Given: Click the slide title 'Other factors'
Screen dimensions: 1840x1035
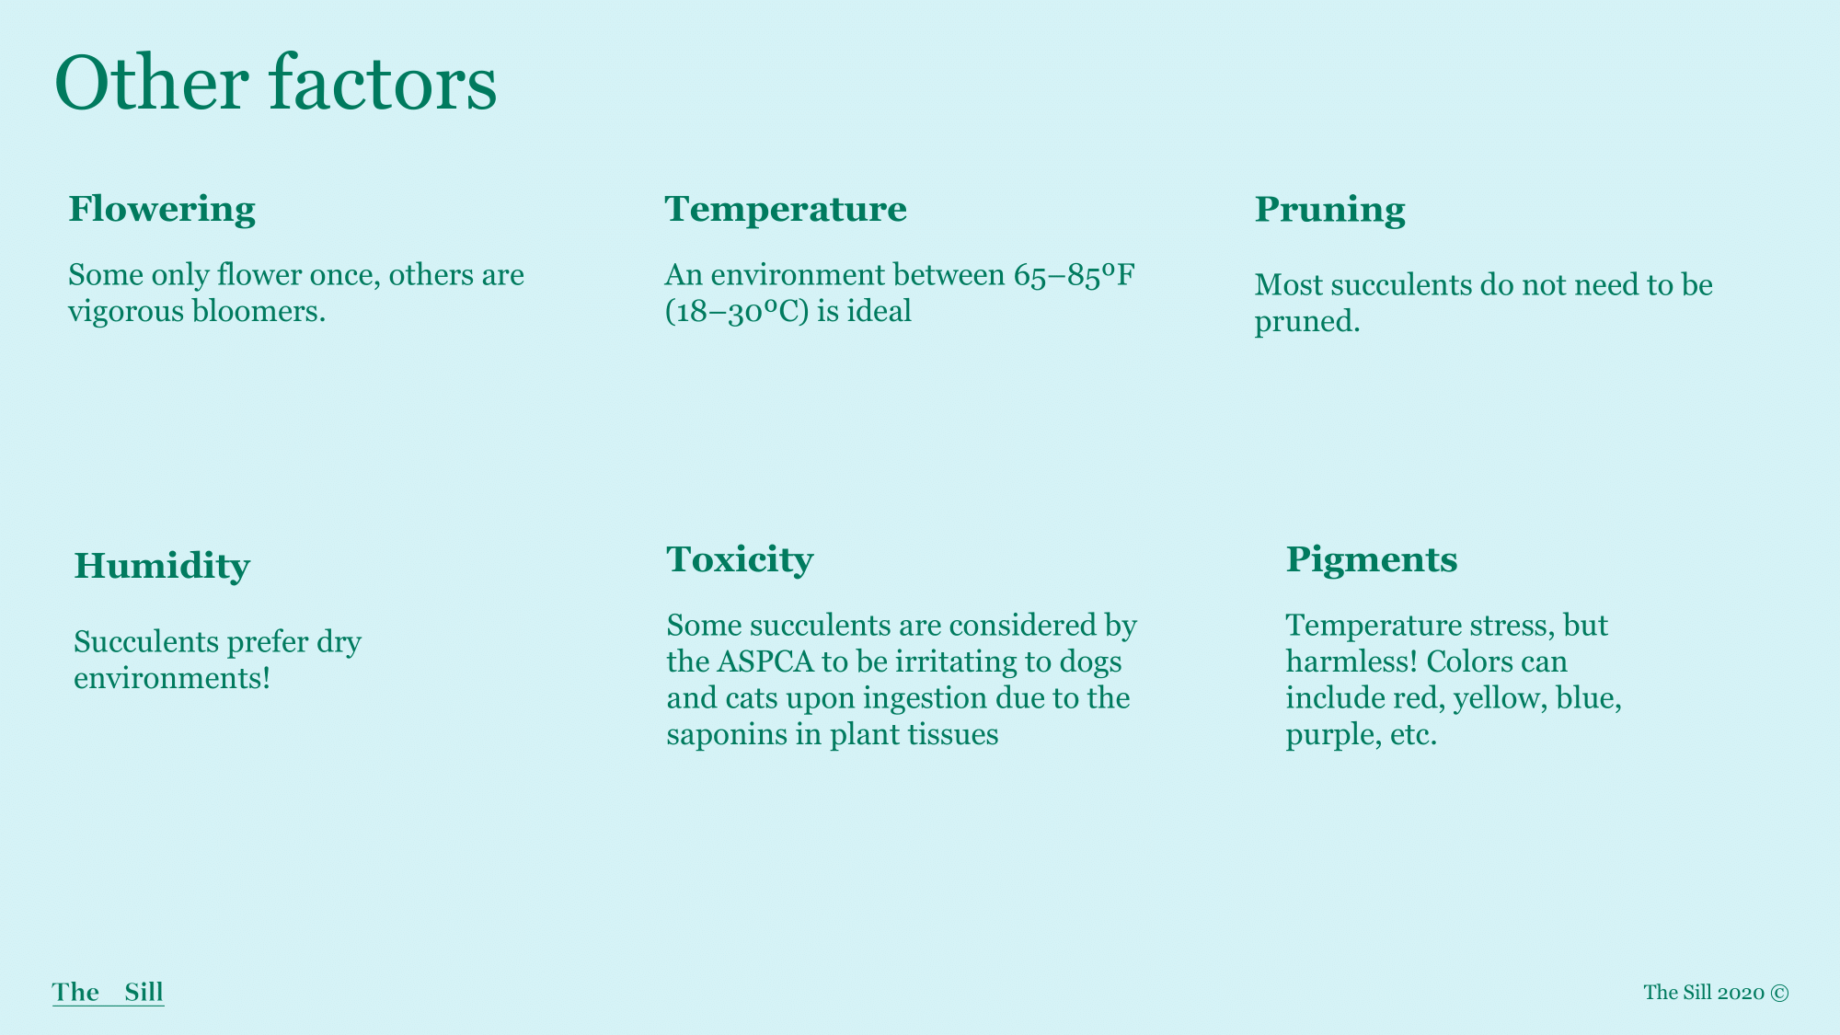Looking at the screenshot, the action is (x=276, y=83).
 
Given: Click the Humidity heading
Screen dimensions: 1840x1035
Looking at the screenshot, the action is (x=162, y=567).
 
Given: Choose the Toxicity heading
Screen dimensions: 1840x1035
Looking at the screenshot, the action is (x=741, y=560).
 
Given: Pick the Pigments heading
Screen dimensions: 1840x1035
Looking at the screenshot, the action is (x=1372, y=560).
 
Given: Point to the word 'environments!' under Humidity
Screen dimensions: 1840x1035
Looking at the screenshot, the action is (x=172, y=679).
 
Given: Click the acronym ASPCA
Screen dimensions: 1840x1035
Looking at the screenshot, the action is (x=766, y=662).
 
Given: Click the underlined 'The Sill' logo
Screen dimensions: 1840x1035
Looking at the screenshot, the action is (x=109, y=993).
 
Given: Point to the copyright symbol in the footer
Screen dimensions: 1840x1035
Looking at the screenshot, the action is (x=1780, y=993).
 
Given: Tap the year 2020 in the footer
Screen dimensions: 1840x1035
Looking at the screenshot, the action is (x=1741, y=993).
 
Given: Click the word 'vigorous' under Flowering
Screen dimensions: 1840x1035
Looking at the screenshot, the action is (x=126, y=313).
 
